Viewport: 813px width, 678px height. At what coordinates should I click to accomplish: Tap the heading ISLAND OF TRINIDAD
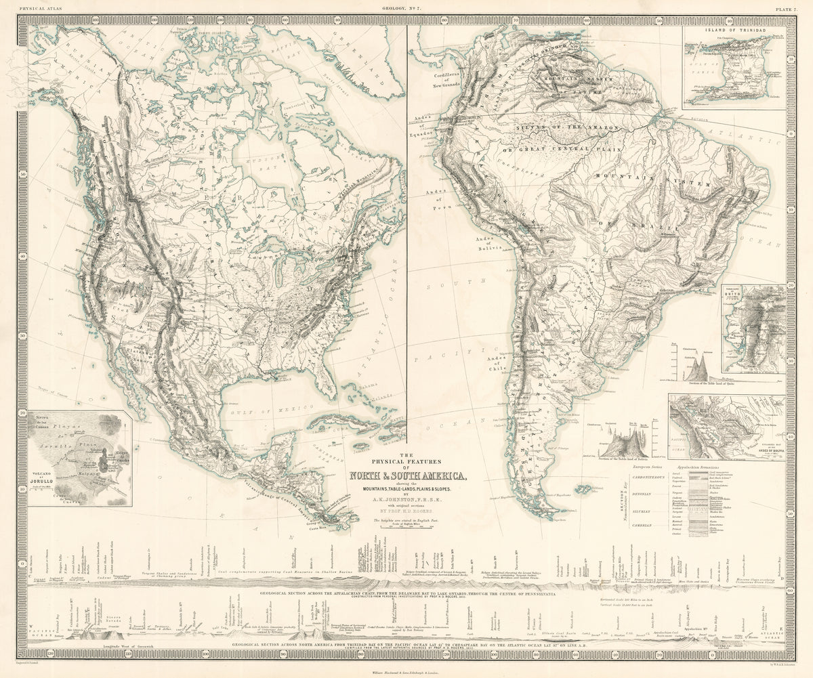pos(734,30)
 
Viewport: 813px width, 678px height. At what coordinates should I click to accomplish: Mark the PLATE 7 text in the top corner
pos(786,7)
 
